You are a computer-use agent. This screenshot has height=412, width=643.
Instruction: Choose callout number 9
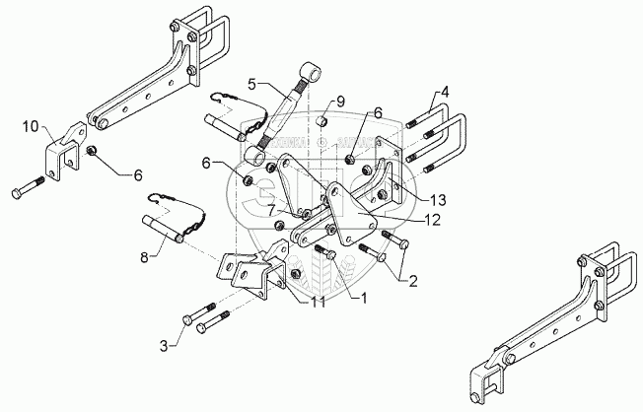point(339,102)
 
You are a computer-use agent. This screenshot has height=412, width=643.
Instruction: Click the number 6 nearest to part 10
point(137,173)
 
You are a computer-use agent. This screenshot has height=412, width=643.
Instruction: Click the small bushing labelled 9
point(320,122)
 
